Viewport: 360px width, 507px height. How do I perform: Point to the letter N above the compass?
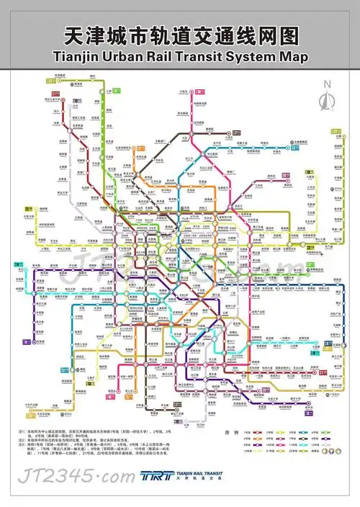pyautogui.click(x=328, y=84)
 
